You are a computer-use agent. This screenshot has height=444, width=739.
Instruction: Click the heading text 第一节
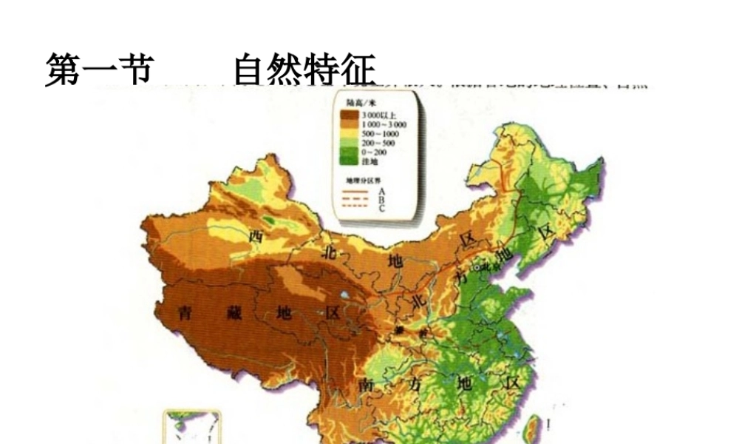pos(99,71)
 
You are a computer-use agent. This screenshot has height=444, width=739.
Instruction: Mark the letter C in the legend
pos(381,209)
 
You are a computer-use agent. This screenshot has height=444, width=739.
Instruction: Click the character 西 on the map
pos(256,236)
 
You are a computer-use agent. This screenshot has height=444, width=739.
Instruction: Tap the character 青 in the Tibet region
pos(185,313)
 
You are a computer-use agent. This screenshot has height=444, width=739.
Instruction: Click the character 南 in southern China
pos(364,386)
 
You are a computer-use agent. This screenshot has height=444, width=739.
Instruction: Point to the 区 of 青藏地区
pos(332,313)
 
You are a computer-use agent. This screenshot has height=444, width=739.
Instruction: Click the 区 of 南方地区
pos(512,383)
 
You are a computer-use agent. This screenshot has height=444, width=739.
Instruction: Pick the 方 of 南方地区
pos(412,385)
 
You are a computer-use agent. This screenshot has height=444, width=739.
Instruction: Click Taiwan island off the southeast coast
pos(551,423)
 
